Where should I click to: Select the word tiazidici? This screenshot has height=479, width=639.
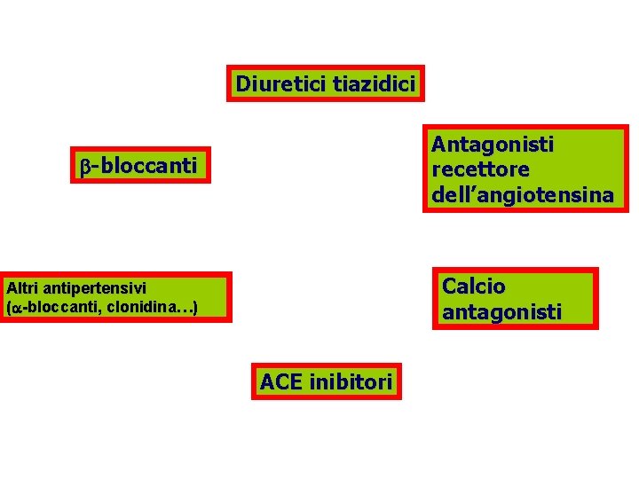[373, 85]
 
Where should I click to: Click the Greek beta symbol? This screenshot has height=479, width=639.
[84, 166]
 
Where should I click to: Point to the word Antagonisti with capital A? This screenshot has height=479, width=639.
[492, 144]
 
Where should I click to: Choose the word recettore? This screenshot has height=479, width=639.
[479, 169]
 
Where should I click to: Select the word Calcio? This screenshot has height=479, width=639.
[473, 287]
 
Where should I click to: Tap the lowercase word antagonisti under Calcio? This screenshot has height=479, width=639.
[501, 312]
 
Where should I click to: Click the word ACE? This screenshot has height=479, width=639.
[280, 382]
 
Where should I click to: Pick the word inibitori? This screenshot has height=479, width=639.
[349, 382]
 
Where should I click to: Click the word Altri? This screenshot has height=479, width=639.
[21, 287]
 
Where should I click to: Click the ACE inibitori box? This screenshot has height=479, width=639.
[326, 381]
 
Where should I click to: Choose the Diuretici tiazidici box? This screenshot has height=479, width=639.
[325, 85]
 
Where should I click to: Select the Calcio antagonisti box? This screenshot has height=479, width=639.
[515, 299]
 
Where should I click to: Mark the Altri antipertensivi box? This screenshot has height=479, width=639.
[115, 297]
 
